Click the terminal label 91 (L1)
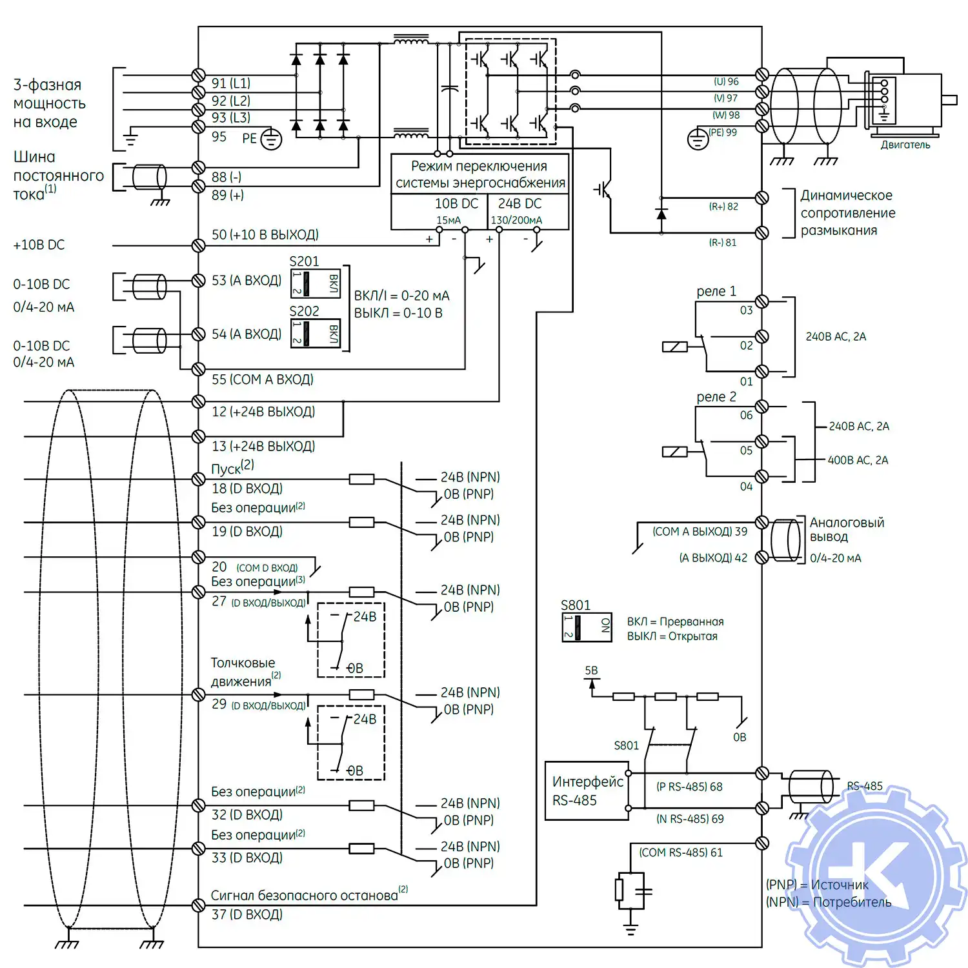pyautogui.click(x=230, y=83)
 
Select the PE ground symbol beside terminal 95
pyautogui.click(x=271, y=139)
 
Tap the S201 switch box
pyautogui.click(x=316, y=283)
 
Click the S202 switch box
pyautogui.click(x=316, y=333)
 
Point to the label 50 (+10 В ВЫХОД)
pyautogui.click(x=265, y=235)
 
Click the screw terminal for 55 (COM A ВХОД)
pyautogui.click(x=199, y=368)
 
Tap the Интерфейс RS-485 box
pyautogui.click(x=587, y=791)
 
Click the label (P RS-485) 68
pyautogui.click(x=689, y=787)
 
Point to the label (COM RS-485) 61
pyautogui.click(x=680, y=852)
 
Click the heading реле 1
pyautogui.click(x=716, y=291)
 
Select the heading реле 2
pyautogui.click(x=716, y=397)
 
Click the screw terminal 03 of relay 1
pyautogui.click(x=761, y=301)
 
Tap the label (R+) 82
pyautogui.click(x=723, y=207)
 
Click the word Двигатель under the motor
pyautogui.click(x=905, y=145)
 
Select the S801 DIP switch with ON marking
pyautogui.click(x=587, y=626)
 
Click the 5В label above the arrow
pyautogui.click(x=591, y=671)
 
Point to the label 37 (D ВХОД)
pyautogui.click(x=247, y=914)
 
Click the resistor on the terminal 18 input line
pyautogui.click(x=361, y=479)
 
